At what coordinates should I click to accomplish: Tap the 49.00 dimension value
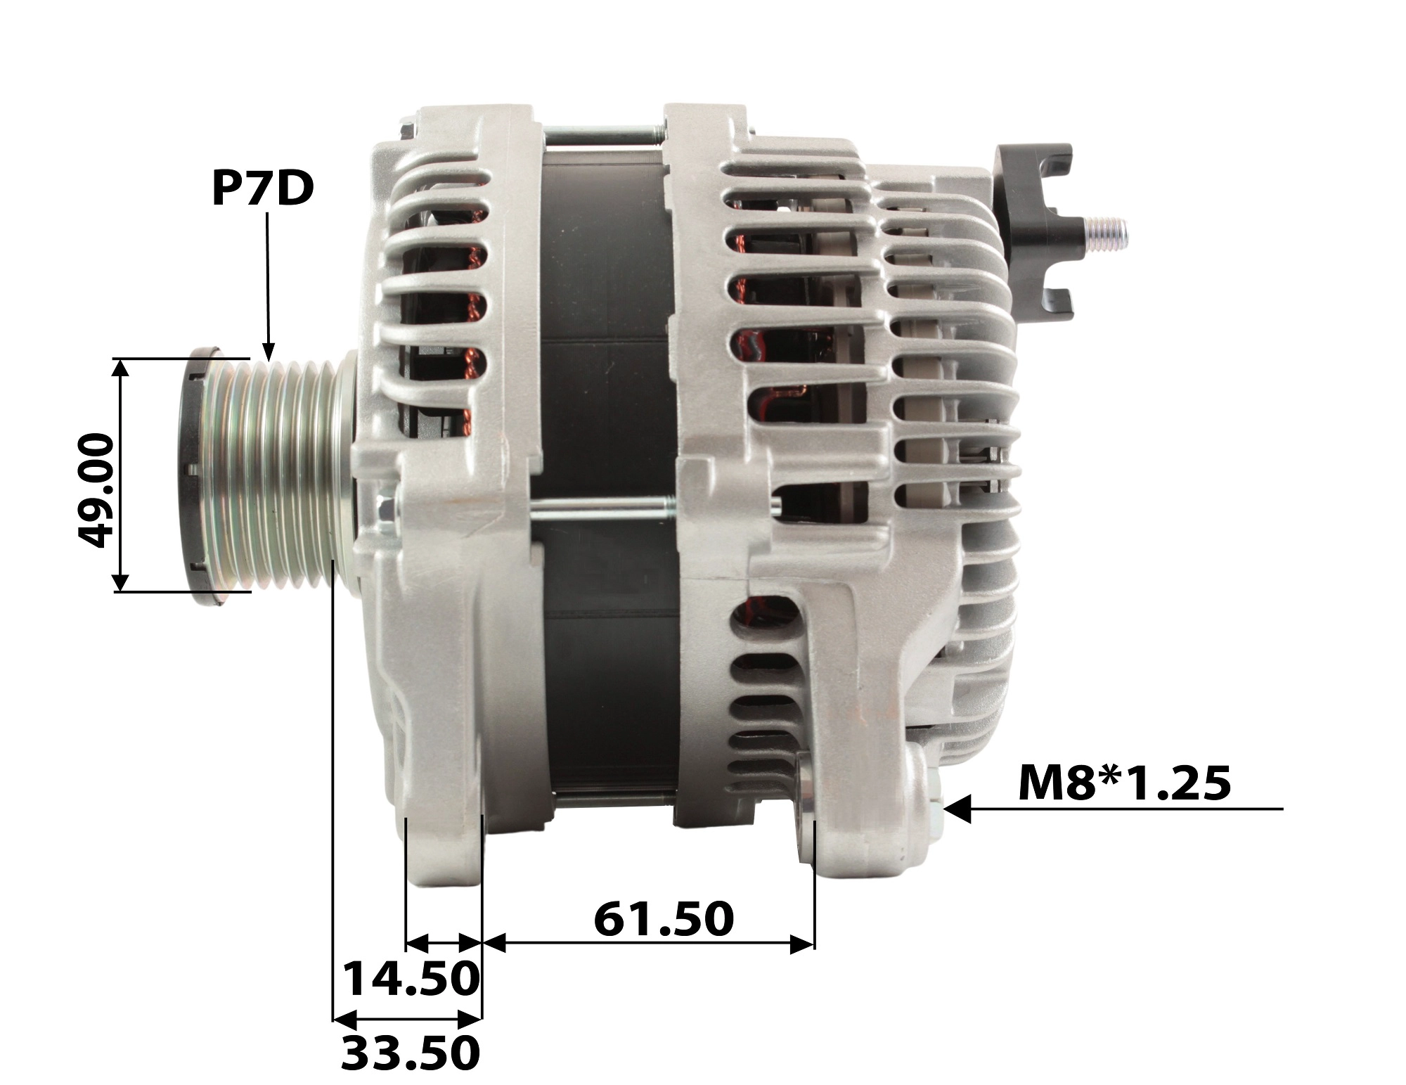tap(95, 490)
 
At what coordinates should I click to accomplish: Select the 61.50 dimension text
tap(664, 919)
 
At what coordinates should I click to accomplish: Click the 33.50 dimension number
tap(411, 1053)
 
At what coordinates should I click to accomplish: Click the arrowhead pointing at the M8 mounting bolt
tap(957, 809)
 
